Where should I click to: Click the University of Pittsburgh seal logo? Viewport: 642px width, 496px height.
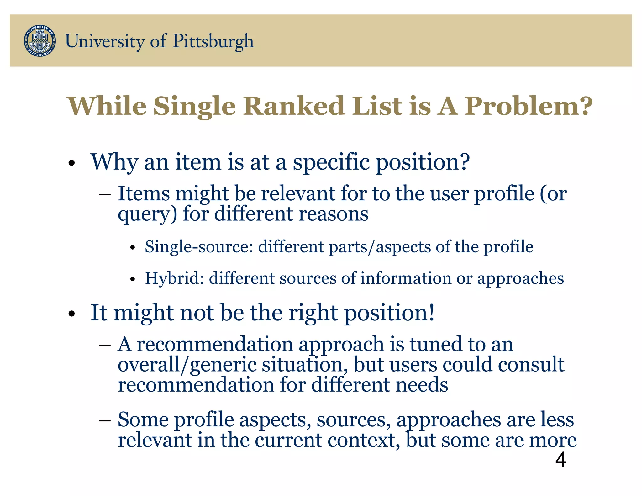tap(40, 41)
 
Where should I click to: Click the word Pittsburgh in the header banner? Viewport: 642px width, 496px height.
tap(213, 41)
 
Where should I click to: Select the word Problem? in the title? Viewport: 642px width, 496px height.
tap(528, 106)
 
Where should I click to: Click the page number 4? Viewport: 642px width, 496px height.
tap(560, 460)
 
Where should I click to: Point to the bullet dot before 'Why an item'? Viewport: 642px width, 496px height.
tap(72, 163)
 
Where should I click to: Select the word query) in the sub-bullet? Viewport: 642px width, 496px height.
tap(147, 214)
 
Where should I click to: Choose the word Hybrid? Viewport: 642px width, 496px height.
tap(174, 278)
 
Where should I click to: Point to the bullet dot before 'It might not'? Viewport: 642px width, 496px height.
tap(72, 314)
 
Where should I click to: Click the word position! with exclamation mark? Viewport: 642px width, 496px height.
tap(389, 313)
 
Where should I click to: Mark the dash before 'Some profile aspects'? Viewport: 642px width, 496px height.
tap(104, 420)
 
